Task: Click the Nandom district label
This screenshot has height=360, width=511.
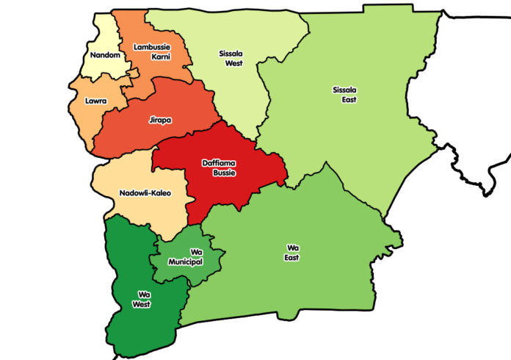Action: click(x=101, y=55)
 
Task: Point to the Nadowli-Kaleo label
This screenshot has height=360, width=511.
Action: click(x=144, y=193)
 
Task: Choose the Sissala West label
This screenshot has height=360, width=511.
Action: click(x=233, y=58)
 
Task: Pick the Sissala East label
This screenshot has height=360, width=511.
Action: click(x=344, y=95)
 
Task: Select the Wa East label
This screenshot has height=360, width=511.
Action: click(x=291, y=253)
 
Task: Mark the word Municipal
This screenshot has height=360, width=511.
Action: click(x=185, y=262)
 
